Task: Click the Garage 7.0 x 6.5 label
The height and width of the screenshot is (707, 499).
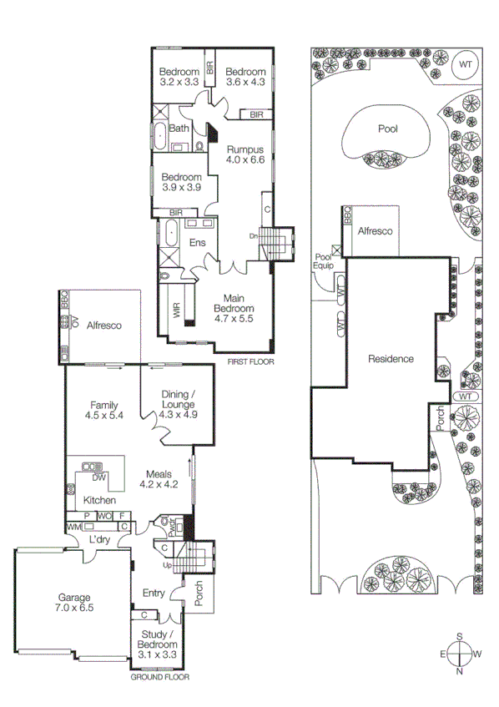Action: click(73, 603)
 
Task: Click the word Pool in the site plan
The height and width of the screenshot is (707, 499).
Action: click(388, 129)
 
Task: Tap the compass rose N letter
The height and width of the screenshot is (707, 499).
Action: click(459, 670)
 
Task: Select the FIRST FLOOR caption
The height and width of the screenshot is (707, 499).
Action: click(251, 362)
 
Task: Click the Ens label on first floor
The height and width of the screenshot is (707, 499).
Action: click(198, 243)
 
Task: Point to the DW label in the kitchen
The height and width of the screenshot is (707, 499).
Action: click(98, 478)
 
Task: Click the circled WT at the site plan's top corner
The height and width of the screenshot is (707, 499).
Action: click(465, 63)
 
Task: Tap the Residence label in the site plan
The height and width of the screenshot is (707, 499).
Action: click(391, 359)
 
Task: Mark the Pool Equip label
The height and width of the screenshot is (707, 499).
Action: click(323, 260)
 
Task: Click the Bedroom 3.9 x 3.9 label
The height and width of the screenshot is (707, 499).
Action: click(181, 182)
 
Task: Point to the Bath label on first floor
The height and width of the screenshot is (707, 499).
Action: click(179, 129)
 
